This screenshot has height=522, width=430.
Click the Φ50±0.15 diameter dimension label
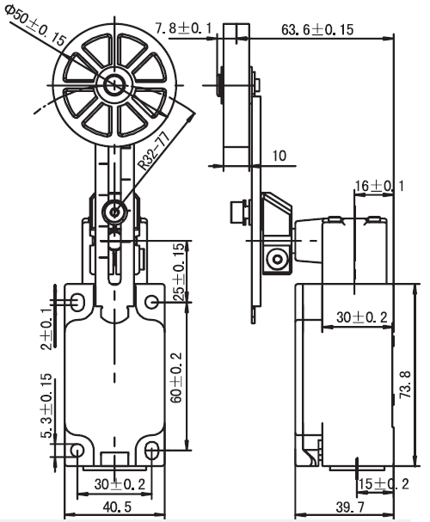coord(35,26)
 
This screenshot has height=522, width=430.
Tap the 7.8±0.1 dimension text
coord(183,28)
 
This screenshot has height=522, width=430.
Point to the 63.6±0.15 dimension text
coord(317,29)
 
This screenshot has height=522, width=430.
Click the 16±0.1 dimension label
coord(379,186)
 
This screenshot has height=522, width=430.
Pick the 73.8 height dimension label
coord(406,384)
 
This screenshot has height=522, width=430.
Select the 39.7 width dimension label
coord(350,507)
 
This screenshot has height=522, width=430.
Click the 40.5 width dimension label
coord(117,507)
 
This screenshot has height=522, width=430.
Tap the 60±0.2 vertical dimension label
coord(176,378)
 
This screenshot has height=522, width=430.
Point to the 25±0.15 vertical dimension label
coord(179,273)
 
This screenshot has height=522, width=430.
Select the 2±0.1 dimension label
coord(46,329)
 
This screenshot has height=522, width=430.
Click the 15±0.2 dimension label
coord(384,483)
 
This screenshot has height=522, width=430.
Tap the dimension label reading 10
coord(279,156)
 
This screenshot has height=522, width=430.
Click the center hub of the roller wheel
coord(114,85)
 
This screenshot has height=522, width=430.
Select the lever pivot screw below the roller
coord(114,212)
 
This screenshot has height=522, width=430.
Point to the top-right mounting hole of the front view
coord(152,302)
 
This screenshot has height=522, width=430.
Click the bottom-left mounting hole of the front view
coord(77,451)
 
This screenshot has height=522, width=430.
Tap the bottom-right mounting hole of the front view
coord(152,451)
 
